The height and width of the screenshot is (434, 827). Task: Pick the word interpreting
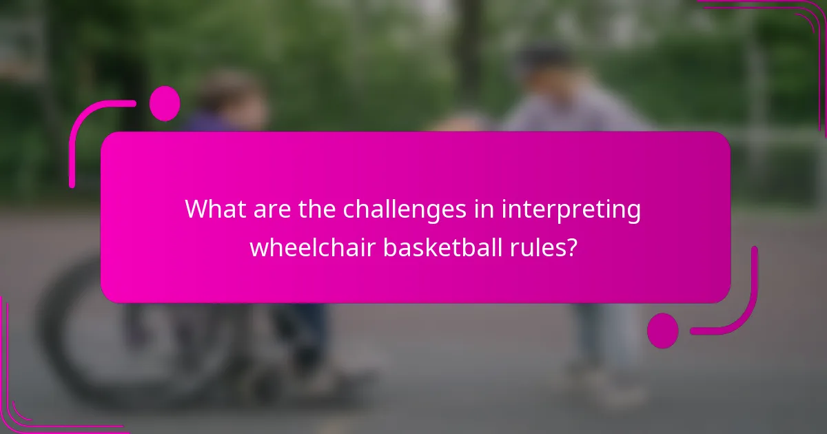572,210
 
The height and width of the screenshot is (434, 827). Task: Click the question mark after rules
571,246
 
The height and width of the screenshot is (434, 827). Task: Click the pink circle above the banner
165,103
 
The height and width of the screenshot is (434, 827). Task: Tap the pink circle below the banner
663,330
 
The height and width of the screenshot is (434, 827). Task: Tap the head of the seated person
231,96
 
